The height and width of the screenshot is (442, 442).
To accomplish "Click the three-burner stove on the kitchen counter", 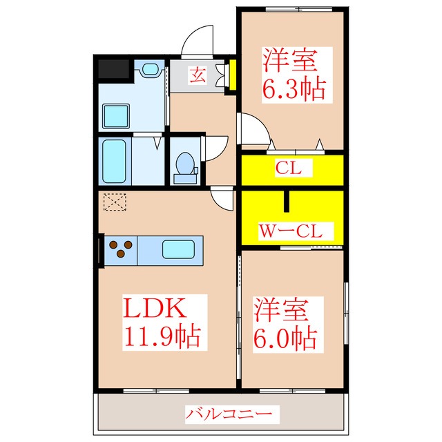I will click(x=122, y=249).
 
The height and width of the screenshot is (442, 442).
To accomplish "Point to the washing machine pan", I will click(x=115, y=115).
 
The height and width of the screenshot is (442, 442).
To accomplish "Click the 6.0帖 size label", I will click(x=285, y=338).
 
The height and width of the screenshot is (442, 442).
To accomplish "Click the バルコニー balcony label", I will click(x=222, y=415).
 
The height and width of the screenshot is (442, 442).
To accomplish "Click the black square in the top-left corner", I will click(x=114, y=70).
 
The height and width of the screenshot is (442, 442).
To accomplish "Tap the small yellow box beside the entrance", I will click(x=232, y=76).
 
